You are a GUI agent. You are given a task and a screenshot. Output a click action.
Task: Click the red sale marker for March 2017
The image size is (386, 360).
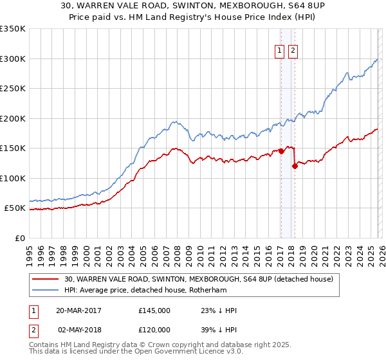281,152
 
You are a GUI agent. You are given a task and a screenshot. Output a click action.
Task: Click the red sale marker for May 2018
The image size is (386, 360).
294,166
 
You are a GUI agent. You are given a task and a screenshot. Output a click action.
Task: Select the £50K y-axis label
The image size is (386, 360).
15,208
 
